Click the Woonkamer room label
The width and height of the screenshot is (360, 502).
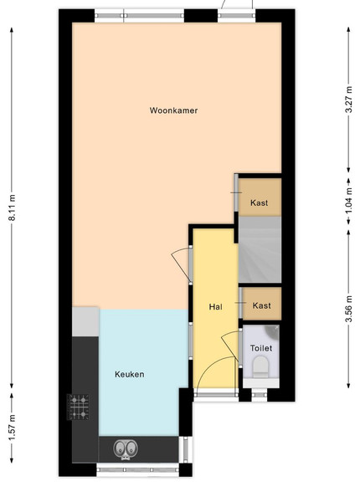click(x=173, y=110)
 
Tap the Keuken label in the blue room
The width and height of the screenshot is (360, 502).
click(x=130, y=374)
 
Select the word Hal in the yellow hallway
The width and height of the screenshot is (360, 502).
click(x=215, y=307)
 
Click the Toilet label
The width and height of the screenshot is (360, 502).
click(x=261, y=348)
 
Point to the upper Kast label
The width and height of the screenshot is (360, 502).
click(x=259, y=202)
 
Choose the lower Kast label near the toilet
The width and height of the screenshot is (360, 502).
click(x=262, y=305)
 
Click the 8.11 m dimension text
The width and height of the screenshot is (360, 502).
click(x=12, y=207)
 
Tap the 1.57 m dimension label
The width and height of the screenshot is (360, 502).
click(x=12, y=427)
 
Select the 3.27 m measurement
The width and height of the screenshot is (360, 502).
click(x=349, y=100)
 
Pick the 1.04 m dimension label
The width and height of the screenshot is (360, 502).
click(x=349, y=201)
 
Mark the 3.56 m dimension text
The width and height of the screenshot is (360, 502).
click(x=349, y=309)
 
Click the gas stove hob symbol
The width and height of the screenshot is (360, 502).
click(x=78, y=407)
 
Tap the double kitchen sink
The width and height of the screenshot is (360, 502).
click(x=126, y=449)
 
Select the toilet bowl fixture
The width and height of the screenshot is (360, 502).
click(x=260, y=367)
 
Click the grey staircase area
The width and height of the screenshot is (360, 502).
click(x=260, y=249)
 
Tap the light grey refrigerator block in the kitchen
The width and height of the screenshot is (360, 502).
click(x=85, y=321)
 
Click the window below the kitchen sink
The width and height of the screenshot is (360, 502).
click(x=138, y=469)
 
